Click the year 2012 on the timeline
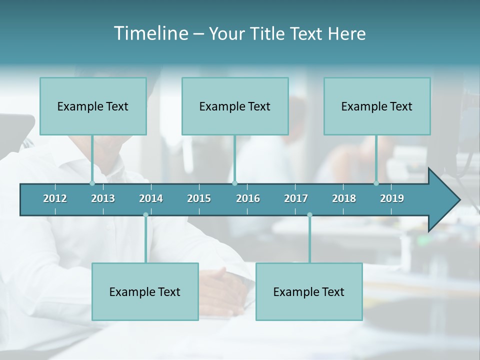coord(55,198)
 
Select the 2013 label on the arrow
coord(103,198)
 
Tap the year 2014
coord(151,198)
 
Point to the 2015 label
coord(199,198)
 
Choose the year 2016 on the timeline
coord(248,198)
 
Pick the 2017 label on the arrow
coord(296,198)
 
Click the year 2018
coord(344,198)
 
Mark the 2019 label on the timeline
coord(392,198)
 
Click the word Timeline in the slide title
coord(149,33)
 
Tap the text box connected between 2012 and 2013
coord(93,106)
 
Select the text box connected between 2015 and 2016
coord(235,106)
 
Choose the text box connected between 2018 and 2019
coord(377,106)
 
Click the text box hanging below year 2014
coord(145,291)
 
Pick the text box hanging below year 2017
coord(309,291)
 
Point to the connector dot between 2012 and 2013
coord(92,183)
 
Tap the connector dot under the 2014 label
coord(145,215)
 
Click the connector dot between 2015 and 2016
coord(234,183)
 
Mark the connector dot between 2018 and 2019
coord(376,183)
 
